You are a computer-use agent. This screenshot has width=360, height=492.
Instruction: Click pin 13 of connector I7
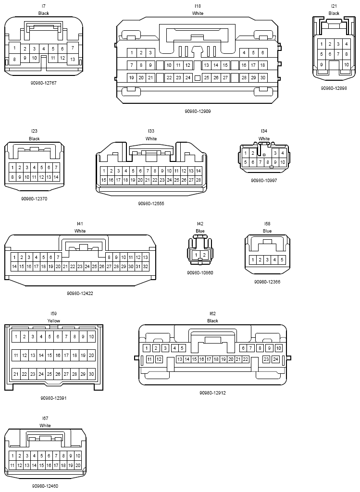click(x=73, y=59)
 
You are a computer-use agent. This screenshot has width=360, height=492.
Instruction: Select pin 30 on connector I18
click(x=263, y=77)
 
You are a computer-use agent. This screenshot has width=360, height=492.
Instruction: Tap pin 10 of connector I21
click(x=346, y=65)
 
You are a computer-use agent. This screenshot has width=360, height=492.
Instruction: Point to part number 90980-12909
click(x=198, y=111)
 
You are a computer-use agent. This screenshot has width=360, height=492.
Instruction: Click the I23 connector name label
click(x=34, y=131)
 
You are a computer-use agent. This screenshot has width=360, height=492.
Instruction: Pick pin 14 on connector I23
click(x=56, y=177)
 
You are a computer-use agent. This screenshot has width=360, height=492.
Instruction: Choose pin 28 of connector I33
click(x=199, y=180)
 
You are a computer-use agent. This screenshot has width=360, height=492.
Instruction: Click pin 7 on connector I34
click(x=260, y=162)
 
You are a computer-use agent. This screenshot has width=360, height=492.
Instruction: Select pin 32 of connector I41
click(x=145, y=266)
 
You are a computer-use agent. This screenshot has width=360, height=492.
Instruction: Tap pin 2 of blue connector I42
click(x=204, y=255)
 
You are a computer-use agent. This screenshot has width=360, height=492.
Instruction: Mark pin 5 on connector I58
click(x=282, y=259)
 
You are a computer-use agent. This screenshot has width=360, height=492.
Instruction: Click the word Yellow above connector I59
click(x=54, y=320)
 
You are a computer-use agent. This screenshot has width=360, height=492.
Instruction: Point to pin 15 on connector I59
click(x=50, y=356)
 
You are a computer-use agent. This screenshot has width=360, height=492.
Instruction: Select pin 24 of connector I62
click(x=275, y=359)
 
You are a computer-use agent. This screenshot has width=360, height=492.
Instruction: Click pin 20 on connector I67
click(x=78, y=465)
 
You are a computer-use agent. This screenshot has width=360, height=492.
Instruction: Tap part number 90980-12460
click(x=45, y=486)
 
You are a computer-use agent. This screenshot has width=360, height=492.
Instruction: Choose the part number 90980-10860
click(x=200, y=273)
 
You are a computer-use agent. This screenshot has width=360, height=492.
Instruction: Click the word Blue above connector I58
click(x=267, y=231)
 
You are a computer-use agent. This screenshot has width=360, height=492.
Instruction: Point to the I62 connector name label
click(x=212, y=313)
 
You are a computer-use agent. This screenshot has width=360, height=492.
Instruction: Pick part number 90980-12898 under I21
click(x=334, y=88)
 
